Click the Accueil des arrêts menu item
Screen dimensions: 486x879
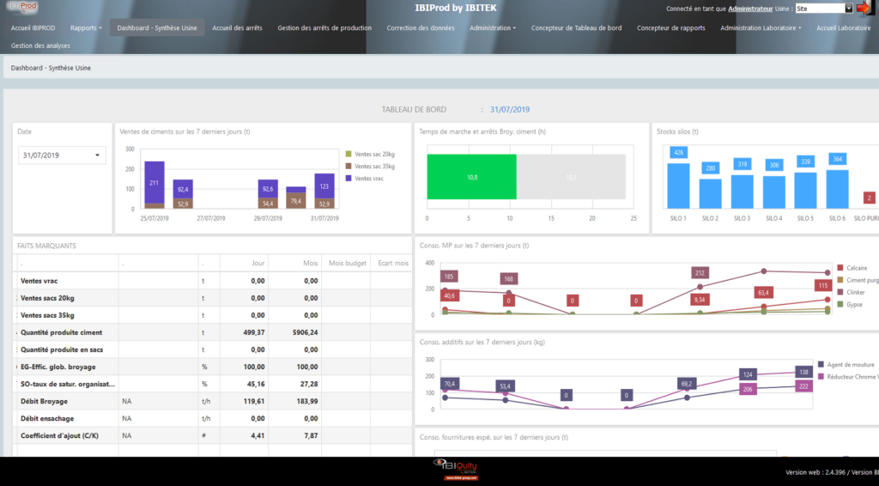[237, 27]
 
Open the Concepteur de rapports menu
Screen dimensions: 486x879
[670, 27]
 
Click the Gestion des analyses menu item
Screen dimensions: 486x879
[40, 46]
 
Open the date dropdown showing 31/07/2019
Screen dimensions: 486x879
[62, 155]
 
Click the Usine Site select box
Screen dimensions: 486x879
[824, 9]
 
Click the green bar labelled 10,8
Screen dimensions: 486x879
[471, 178]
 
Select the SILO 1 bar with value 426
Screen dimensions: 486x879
[678, 185]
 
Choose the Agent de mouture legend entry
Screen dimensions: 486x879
[849, 364]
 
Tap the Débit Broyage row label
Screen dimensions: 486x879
[44, 401]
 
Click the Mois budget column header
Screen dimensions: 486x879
[348, 263]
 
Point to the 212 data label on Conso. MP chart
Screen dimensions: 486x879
[700, 273]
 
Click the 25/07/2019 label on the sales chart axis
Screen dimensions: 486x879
[154, 218]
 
